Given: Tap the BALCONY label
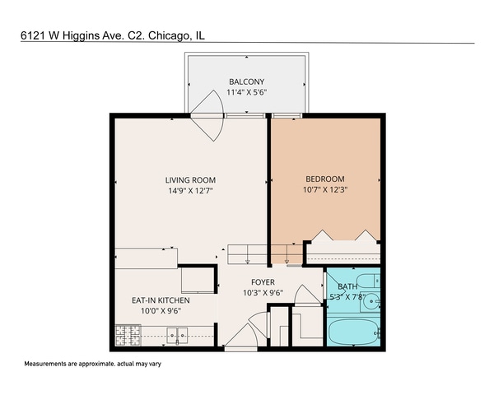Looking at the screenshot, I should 247,81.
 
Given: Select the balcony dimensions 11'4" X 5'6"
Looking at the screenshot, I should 247,92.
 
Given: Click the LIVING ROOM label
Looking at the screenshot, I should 190,180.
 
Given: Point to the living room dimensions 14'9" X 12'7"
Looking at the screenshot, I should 190,192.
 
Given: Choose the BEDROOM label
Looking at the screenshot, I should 325,179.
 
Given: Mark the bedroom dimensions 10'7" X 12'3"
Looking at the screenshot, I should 325,191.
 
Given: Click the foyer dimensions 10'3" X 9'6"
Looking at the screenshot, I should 263,293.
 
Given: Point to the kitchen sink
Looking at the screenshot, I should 177,335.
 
